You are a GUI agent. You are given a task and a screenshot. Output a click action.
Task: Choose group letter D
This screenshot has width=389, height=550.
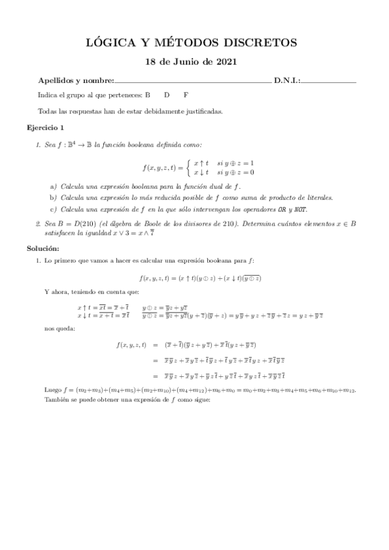coord(167,94)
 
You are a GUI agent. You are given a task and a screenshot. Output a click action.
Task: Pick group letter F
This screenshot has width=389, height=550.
coord(186,94)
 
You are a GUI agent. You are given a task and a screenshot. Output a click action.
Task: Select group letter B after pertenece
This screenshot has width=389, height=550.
coord(147,94)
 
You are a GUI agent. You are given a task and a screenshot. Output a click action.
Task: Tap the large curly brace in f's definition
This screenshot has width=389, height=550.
coord(188,167)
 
